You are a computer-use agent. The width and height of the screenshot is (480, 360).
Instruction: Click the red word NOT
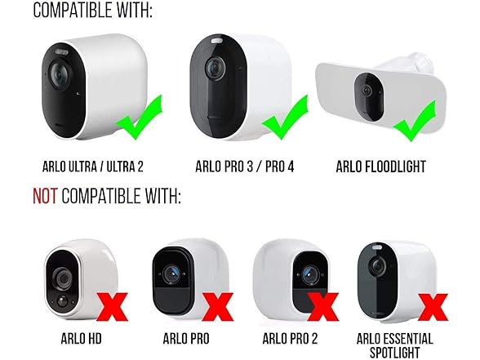coord(45,196)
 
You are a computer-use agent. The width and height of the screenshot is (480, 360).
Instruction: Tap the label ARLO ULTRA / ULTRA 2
coord(93,167)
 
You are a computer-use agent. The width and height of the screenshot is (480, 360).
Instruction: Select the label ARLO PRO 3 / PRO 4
coord(245,167)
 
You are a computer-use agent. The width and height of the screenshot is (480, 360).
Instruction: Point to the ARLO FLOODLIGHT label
coord(380,167)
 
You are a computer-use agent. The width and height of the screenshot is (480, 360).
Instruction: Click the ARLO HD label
coord(81,339)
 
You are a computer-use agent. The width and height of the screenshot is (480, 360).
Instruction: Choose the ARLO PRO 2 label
coord(290,339)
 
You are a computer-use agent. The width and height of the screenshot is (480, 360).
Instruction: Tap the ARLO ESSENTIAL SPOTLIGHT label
coord(394,345)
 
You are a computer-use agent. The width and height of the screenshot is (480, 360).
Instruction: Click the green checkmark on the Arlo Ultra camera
coord(140,118)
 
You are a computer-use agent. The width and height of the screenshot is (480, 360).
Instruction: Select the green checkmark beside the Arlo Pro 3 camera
coord(285,118)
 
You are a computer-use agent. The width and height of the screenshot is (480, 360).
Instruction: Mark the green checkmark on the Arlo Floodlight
coord(415,121)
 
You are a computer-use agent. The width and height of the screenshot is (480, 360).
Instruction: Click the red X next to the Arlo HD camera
coord(113,307)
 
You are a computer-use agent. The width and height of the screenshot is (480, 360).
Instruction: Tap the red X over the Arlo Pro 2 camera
coord(323,307)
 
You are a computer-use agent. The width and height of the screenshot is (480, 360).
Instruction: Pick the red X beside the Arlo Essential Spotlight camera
coord(433,307)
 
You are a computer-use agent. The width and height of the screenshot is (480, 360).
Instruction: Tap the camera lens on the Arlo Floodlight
coord(366,91)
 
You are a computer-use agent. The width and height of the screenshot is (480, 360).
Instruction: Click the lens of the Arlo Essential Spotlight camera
coord(377,267)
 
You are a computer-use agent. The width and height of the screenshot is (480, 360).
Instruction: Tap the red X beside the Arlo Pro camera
coord(218,307)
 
